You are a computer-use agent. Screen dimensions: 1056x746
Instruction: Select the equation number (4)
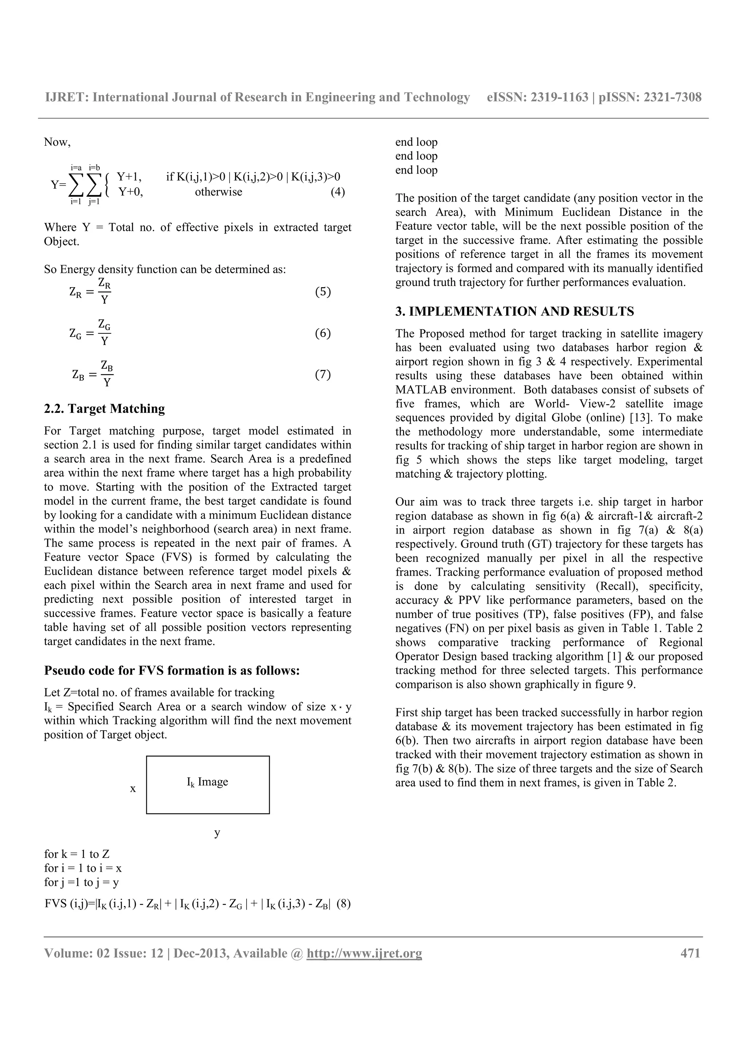point(338,192)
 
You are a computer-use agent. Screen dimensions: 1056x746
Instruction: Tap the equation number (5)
point(323,292)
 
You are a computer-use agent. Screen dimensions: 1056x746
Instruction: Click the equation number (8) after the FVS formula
point(344,904)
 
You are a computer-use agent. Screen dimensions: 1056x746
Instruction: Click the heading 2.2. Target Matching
point(104,408)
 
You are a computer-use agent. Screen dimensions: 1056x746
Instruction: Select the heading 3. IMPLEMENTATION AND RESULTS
point(514,312)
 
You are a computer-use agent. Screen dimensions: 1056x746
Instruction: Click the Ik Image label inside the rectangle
point(207,782)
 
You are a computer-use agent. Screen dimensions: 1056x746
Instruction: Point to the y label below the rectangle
point(217,833)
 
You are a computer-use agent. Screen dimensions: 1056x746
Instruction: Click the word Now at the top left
point(56,142)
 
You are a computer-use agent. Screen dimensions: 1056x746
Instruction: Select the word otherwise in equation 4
point(218,192)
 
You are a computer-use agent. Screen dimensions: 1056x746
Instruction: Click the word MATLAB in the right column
point(421,390)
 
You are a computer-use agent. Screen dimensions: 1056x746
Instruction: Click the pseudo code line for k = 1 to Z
point(77,854)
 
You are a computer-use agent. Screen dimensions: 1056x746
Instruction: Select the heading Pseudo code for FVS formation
point(172,670)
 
